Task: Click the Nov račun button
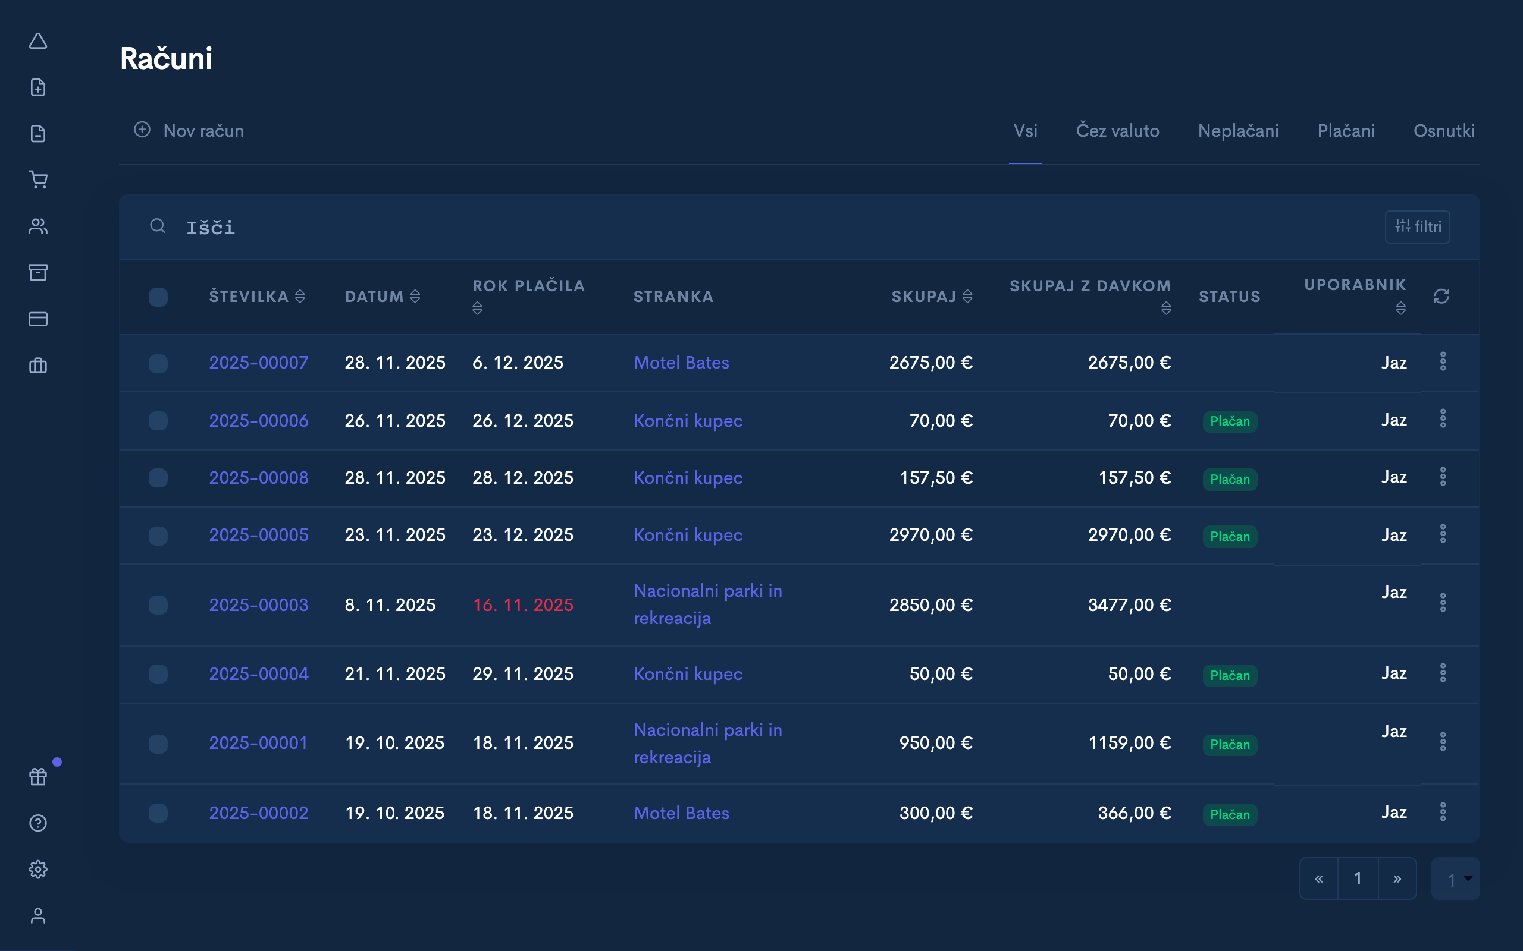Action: click(x=189, y=131)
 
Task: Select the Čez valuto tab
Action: click(x=1117, y=131)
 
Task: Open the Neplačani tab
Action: click(x=1238, y=131)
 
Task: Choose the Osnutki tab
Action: click(x=1444, y=131)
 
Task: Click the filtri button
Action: click(x=1417, y=226)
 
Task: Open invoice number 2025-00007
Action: click(x=259, y=363)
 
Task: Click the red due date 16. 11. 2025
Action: click(x=522, y=605)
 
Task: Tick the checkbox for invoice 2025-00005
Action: click(x=158, y=536)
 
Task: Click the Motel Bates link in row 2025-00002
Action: click(x=681, y=813)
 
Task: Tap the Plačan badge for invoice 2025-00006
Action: click(x=1230, y=421)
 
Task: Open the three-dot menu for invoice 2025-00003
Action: click(x=1443, y=603)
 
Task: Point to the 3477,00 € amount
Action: click(x=1129, y=605)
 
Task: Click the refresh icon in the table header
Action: click(x=1441, y=296)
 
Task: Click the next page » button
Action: click(x=1396, y=878)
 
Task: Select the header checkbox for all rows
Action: click(x=158, y=297)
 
